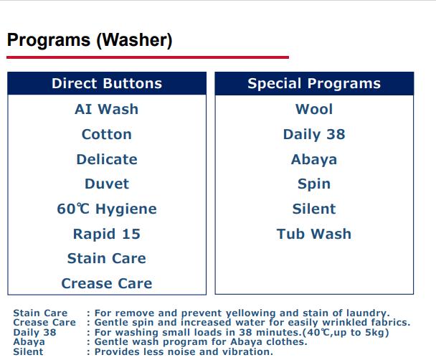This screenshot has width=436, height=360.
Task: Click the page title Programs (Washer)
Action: [90, 40]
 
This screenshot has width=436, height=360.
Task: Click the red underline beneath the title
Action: [148, 57]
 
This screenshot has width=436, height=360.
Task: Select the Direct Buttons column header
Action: [107, 83]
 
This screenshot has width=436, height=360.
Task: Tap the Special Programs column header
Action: [314, 83]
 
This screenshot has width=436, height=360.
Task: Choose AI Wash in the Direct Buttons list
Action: [107, 109]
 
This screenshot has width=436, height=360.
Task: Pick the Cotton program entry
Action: [107, 134]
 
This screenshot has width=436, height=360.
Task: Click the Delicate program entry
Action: [107, 159]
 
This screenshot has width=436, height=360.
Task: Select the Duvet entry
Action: [107, 184]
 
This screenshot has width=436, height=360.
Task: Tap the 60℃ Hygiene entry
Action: [107, 209]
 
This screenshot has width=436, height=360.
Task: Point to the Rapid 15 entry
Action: [107, 234]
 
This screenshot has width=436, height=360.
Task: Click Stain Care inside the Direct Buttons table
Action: [107, 258]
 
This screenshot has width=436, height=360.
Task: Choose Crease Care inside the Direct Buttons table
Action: [107, 283]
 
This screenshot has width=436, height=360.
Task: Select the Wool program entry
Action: [314, 109]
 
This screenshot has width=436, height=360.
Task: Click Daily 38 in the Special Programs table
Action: [314, 134]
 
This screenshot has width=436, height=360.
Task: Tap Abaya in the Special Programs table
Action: [314, 159]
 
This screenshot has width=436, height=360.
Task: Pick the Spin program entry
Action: [314, 184]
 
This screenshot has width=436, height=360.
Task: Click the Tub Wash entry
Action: [314, 234]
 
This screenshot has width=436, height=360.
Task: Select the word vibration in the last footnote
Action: [245, 351]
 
